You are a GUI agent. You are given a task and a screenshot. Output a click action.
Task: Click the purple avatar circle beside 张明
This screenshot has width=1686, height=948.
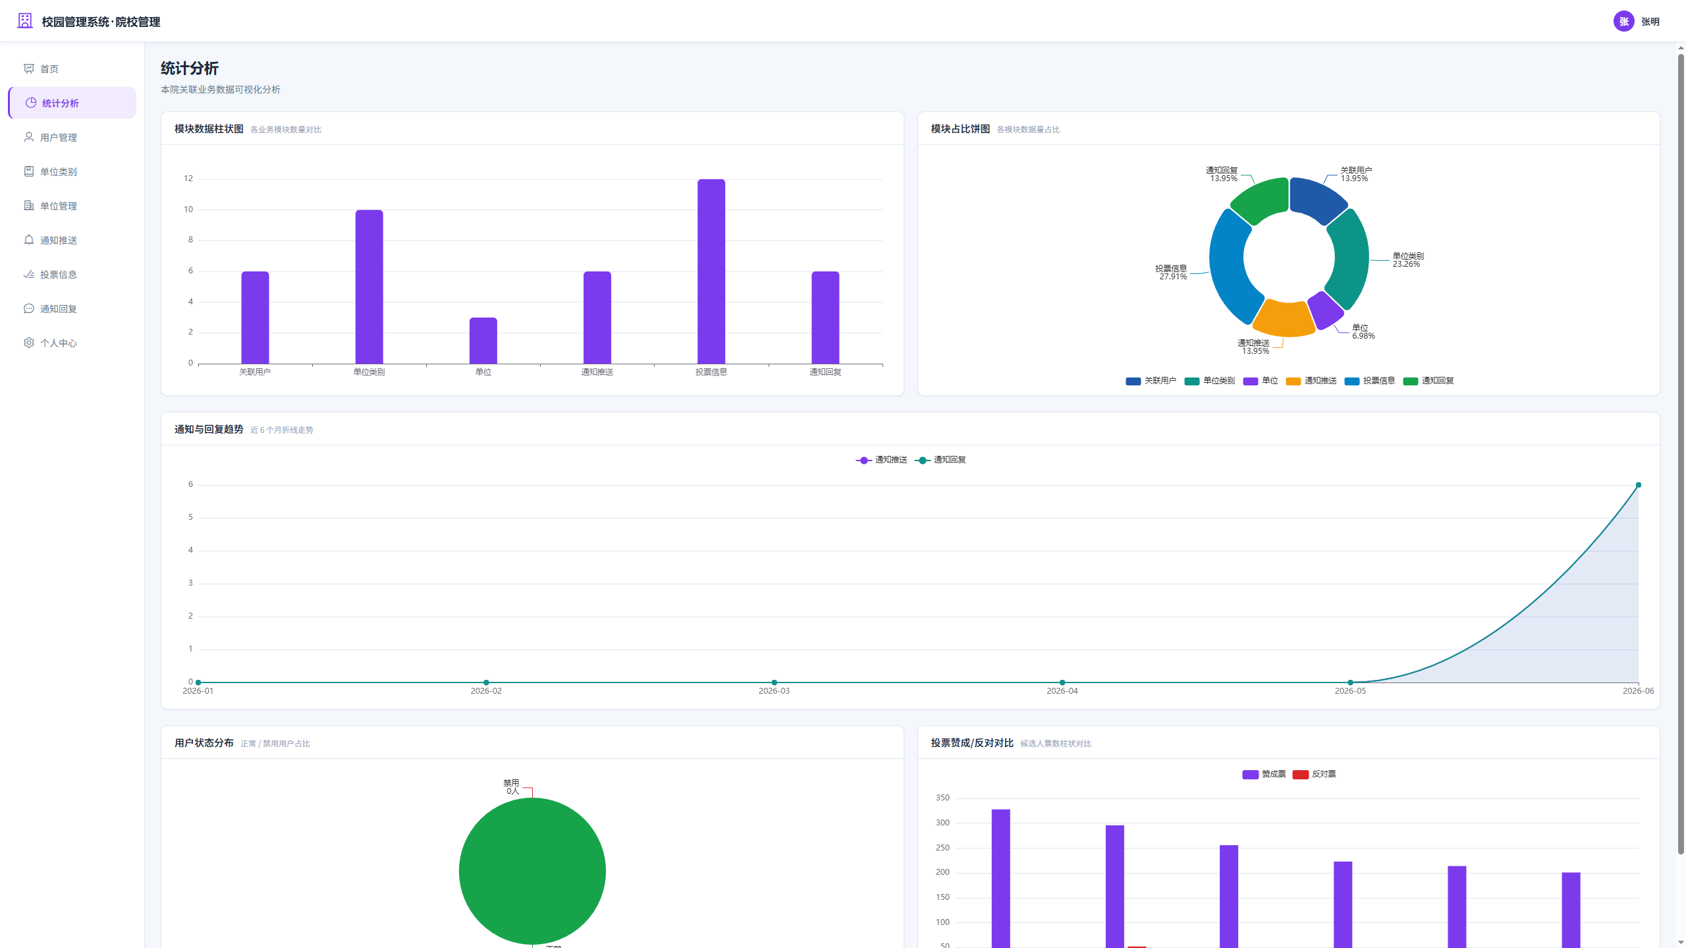click(x=1623, y=21)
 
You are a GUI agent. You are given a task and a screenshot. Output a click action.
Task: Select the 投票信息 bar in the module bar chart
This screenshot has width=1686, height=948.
click(x=711, y=271)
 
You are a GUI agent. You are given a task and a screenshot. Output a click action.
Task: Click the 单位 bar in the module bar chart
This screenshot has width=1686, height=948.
click(x=483, y=340)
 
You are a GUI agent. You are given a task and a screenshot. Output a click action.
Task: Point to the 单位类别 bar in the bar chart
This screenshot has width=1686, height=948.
click(x=369, y=287)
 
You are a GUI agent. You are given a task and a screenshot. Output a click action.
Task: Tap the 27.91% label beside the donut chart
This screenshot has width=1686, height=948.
click(x=1173, y=277)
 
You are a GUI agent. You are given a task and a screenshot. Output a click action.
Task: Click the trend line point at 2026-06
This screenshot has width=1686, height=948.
click(x=1639, y=485)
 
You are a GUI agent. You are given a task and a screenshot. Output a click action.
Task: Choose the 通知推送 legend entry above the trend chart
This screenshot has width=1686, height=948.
click(x=882, y=460)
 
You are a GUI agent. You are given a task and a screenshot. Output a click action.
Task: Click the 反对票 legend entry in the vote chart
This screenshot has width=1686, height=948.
click(x=1315, y=774)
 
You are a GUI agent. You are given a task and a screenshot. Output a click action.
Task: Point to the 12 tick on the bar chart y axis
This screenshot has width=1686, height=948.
click(x=188, y=179)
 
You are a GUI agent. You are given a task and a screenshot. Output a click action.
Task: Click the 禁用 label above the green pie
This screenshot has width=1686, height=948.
click(x=511, y=783)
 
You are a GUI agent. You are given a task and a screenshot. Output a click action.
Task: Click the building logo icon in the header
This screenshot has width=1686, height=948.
click(x=25, y=21)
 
